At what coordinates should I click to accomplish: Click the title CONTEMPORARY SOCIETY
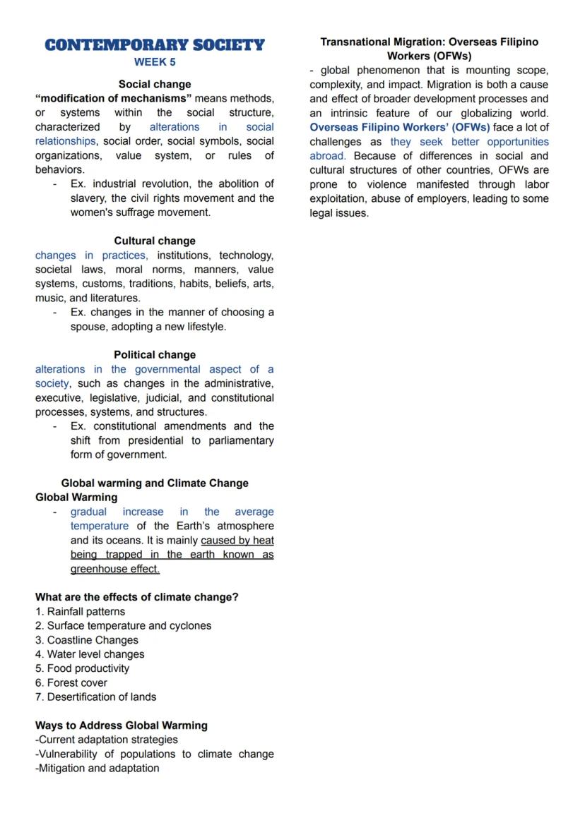click(x=154, y=45)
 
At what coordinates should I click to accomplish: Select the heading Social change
click(x=155, y=84)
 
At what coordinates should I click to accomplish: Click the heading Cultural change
click(x=155, y=241)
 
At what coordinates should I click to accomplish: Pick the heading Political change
click(x=155, y=355)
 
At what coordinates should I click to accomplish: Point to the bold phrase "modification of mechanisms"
click(x=114, y=98)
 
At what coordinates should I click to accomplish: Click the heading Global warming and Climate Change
click(x=155, y=483)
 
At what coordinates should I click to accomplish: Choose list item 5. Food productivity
click(x=83, y=668)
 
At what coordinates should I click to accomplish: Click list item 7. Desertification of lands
click(x=96, y=697)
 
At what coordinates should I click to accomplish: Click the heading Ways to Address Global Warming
click(x=122, y=725)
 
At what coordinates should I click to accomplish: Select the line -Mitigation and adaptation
click(x=97, y=769)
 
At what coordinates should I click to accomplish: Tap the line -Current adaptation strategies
click(x=107, y=740)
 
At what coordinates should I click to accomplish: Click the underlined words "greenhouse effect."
click(x=115, y=569)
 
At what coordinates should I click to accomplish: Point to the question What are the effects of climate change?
click(x=137, y=597)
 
